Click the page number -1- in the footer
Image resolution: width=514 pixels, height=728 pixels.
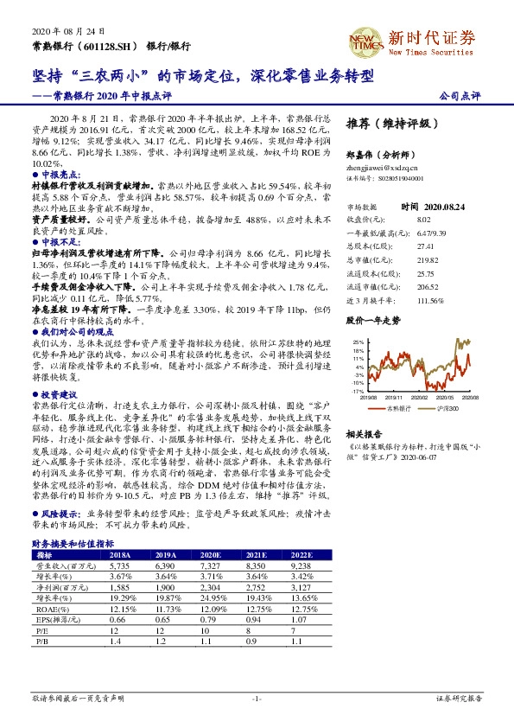[257, 697]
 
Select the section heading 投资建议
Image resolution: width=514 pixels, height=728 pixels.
[54, 369]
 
